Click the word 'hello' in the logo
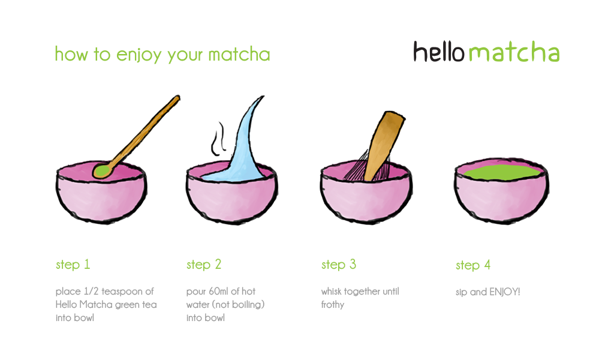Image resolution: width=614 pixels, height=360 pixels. tap(439, 52)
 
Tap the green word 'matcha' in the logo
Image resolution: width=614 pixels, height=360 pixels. tap(514, 52)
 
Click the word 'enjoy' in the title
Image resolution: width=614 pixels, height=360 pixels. tap(139, 55)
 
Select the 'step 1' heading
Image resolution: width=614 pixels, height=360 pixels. tap(73, 265)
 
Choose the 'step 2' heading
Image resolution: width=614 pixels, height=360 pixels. tap(204, 265)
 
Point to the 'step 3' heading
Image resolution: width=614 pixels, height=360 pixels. tap(339, 265)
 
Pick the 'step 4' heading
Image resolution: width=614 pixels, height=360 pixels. tap(473, 265)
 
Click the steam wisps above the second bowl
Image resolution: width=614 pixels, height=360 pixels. tap(218, 139)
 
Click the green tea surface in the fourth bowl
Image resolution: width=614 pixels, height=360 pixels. tap(502, 172)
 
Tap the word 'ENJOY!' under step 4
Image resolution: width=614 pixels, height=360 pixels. tap(505, 292)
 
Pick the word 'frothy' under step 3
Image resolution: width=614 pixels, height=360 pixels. tap(333, 305)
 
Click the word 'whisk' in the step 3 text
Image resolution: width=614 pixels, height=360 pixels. tap(331, 292)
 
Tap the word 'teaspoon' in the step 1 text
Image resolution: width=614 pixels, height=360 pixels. tap(122, 292)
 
